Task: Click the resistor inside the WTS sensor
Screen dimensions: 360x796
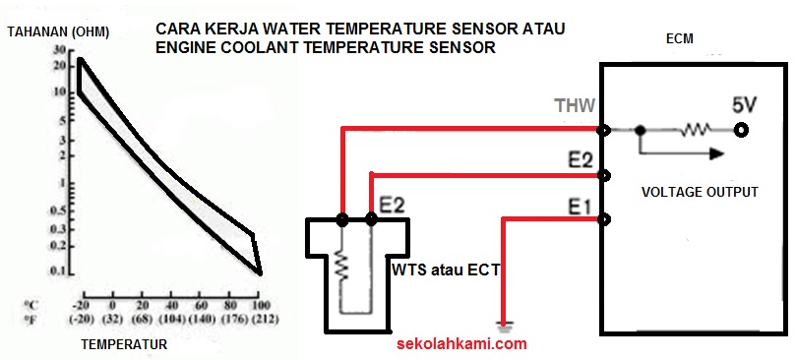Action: [x=341, y=265]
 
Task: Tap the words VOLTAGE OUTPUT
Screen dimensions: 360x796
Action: [x=700, y=192]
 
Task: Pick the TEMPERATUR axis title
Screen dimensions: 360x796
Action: [x=124, y=345]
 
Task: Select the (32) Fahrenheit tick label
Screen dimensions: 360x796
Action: [x=113, y=319]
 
